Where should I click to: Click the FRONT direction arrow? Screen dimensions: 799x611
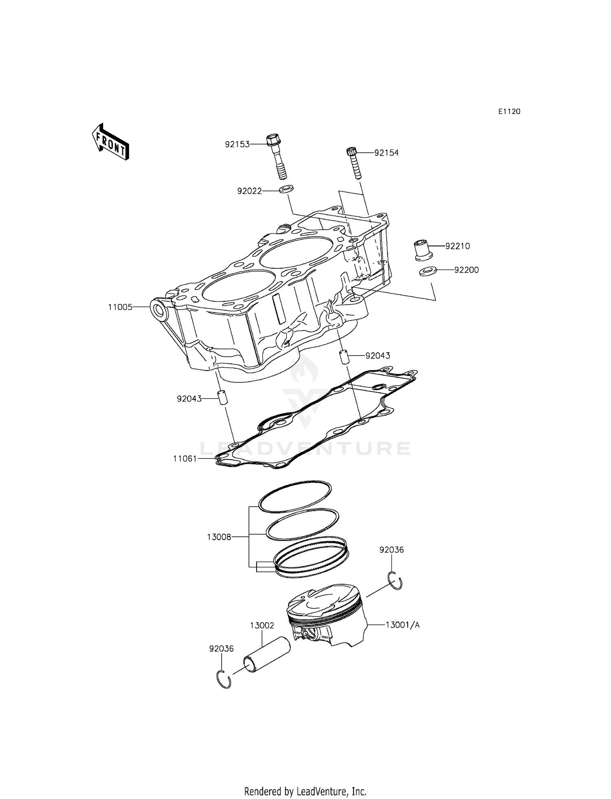[x=110, y=141]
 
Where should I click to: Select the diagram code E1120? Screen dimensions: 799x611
[x=509, y=112]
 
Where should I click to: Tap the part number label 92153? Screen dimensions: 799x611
[x=237, y=144]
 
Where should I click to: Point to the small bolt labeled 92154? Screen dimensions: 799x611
[x=353, y=163]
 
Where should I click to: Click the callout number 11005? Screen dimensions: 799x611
[x=120, y=307]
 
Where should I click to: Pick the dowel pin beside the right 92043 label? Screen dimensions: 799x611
[x=344, y=357]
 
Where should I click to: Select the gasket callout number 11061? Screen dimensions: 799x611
[x=185, y=459]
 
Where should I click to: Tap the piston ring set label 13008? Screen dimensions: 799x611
[x=219, y=537]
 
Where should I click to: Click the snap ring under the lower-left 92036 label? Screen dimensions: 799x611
[x=224, y=680]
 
